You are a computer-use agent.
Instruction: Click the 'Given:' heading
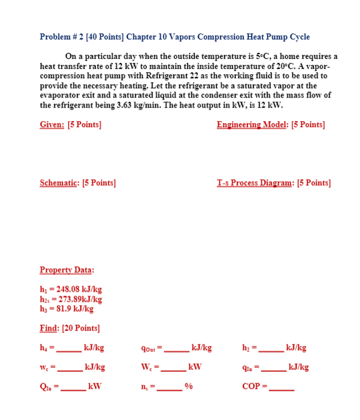(x=52, y=124)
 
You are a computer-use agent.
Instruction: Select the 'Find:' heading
(x=51, y=328)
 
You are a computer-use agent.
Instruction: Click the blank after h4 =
(x=68, y=349)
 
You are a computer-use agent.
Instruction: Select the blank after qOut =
(x=177, y=349)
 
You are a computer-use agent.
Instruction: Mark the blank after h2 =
(x=272, y=349)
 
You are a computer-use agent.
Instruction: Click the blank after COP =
(x=282, y=388)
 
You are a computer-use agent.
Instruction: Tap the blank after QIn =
(x=74, y=388)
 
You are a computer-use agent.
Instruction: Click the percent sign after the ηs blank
(x=189, y=387)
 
